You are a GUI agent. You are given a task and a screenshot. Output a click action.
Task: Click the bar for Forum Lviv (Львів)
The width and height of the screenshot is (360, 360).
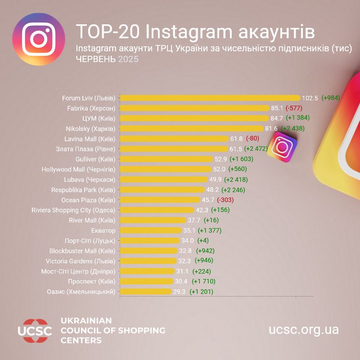pos(209,98)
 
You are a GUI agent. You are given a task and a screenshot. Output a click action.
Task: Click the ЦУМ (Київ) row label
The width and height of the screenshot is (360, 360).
pos(99,118)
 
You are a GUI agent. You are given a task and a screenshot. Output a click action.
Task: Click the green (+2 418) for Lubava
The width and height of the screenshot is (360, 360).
pos(235,180)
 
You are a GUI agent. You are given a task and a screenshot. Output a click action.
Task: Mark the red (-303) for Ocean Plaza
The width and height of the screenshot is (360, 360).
pos(225,200)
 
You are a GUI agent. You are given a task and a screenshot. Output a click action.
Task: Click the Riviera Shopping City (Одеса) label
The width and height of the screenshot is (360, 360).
pos(73,210)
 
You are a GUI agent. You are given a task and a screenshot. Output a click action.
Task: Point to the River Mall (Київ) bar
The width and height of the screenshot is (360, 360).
pos(153,220)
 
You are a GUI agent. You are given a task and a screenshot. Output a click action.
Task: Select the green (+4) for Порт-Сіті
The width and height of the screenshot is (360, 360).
pos(200,240)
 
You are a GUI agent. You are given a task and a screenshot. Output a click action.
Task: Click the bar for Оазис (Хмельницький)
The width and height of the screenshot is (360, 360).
pos(146,292)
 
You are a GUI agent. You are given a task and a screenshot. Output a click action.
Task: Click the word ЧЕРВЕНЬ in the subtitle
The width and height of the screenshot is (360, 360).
pos(96,59)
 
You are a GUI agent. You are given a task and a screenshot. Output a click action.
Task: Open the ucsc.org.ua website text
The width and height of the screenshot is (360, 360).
pos(304,330)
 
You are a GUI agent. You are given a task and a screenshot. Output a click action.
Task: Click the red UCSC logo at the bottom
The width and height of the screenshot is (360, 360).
pos(35,331)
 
